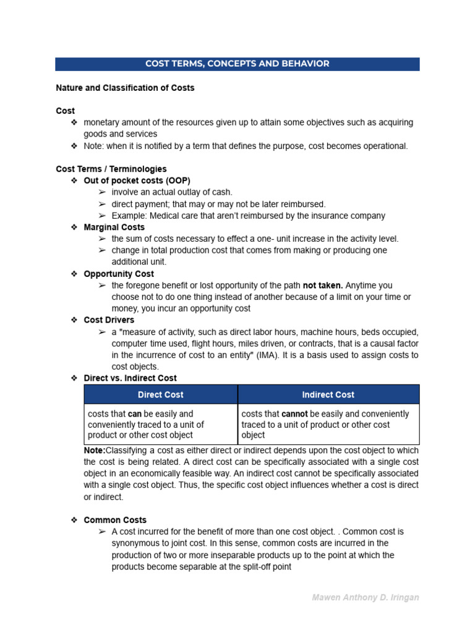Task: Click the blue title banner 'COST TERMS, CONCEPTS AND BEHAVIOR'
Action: pyautogui.click(x=237, y=64)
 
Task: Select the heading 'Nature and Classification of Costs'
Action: pyautogui.click(x=125, y=88)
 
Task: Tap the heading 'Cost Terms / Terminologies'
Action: pyautogui.click(x=111, y=169)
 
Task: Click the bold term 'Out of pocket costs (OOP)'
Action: pyautogui.click(x=137, y=181)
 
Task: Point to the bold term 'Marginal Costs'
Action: pyautogui.click(x=114, y=227)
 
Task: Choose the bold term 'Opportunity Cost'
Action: pyautogui.click(x=119, y=274)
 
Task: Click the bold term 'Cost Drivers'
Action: pyautogui.click(x=109, y=320)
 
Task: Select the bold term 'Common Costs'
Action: pyautogui.click(x=115, y=520)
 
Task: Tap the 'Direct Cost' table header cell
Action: pyautogui.click(x=161, y=394)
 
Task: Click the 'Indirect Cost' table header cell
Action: pyautogui.click(x=328, y=394)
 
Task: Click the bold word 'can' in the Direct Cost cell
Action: pyautogui.click(x=135, y=414)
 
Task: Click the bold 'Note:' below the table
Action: pyautogui.click(x=95, y=450)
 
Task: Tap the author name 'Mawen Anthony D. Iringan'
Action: pyautogui.click(x=365, y=598)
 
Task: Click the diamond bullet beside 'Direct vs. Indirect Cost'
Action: pyautogui.click(x=74, y=378)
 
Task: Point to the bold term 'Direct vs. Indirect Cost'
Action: pyautogui.click(x=130, y=378)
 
